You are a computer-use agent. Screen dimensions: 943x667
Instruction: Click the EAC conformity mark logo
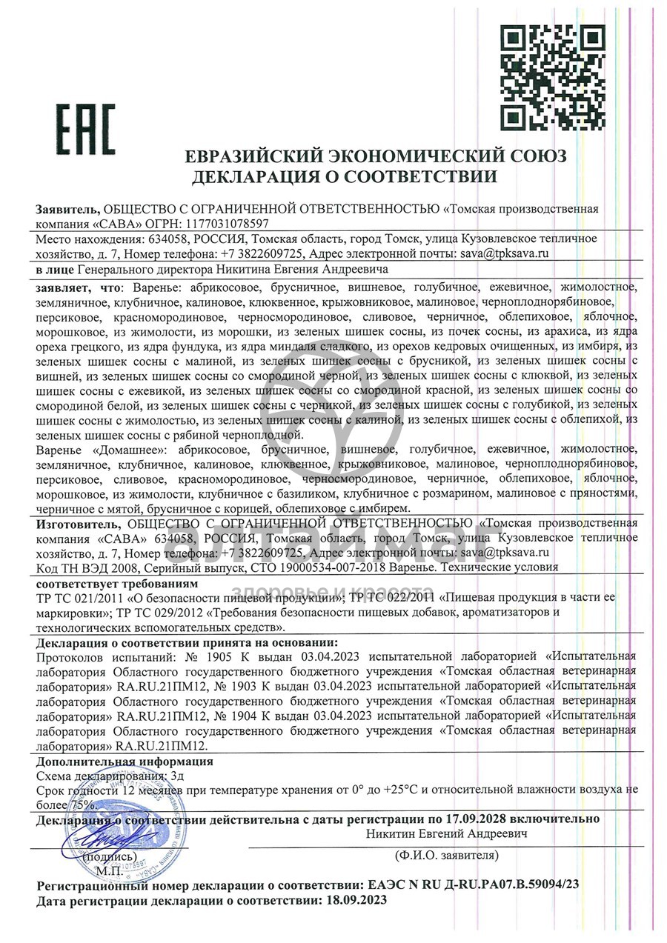87,130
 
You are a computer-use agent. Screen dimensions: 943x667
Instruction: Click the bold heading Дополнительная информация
125,761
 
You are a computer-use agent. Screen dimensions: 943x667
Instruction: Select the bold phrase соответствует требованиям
106,583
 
